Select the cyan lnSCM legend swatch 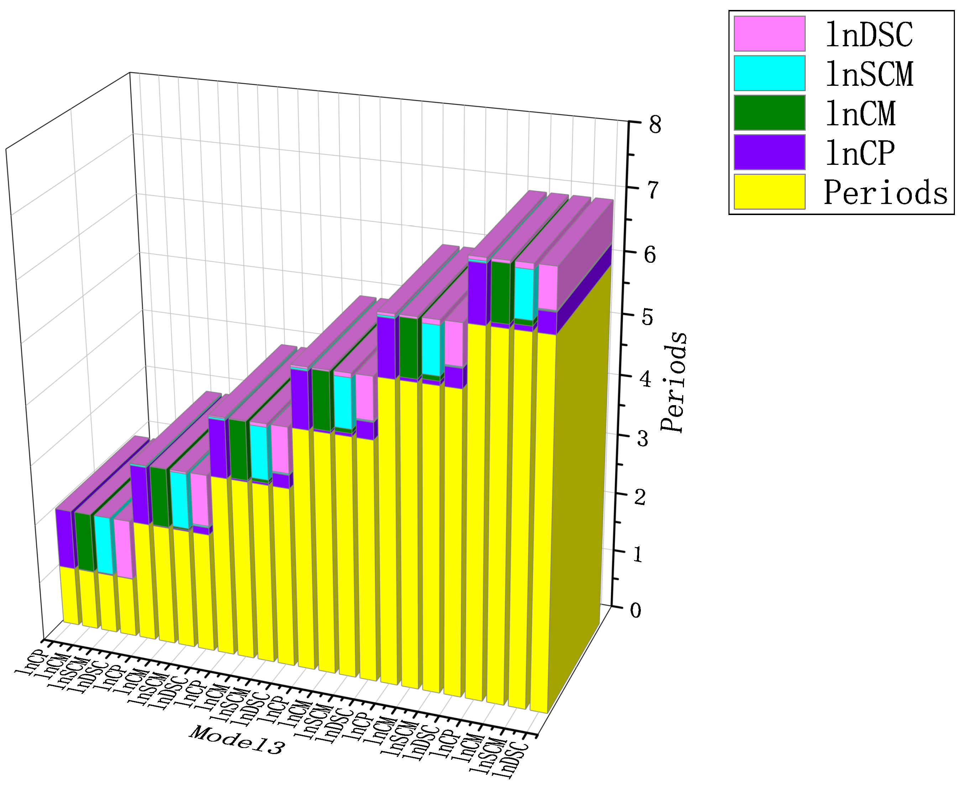click(769, 73)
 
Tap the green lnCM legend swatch click(769, 113)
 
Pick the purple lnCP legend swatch click(769, 152)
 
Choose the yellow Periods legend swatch click(769, 192)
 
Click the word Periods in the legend click(885, 193)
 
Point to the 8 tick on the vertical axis click(655, 124)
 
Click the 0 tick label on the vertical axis click(636, 610)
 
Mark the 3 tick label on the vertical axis click(642, 438)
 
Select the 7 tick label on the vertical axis click(653, 190)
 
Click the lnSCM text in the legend click(869, 74)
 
